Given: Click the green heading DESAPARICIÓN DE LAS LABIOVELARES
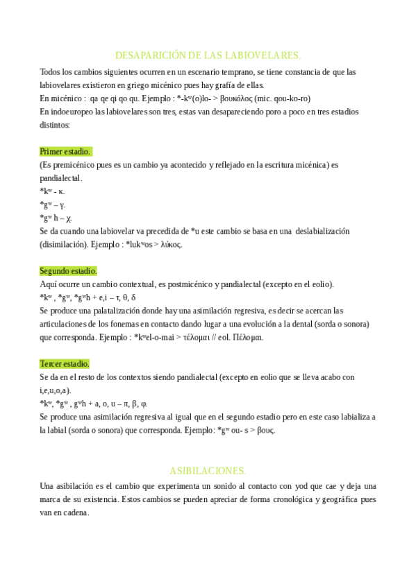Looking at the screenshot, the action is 208,55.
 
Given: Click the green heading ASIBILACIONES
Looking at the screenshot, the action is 208,469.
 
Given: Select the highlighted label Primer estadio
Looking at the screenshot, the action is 65,151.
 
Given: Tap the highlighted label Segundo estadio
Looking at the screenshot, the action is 68,270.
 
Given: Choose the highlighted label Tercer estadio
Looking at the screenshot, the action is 65,363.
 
